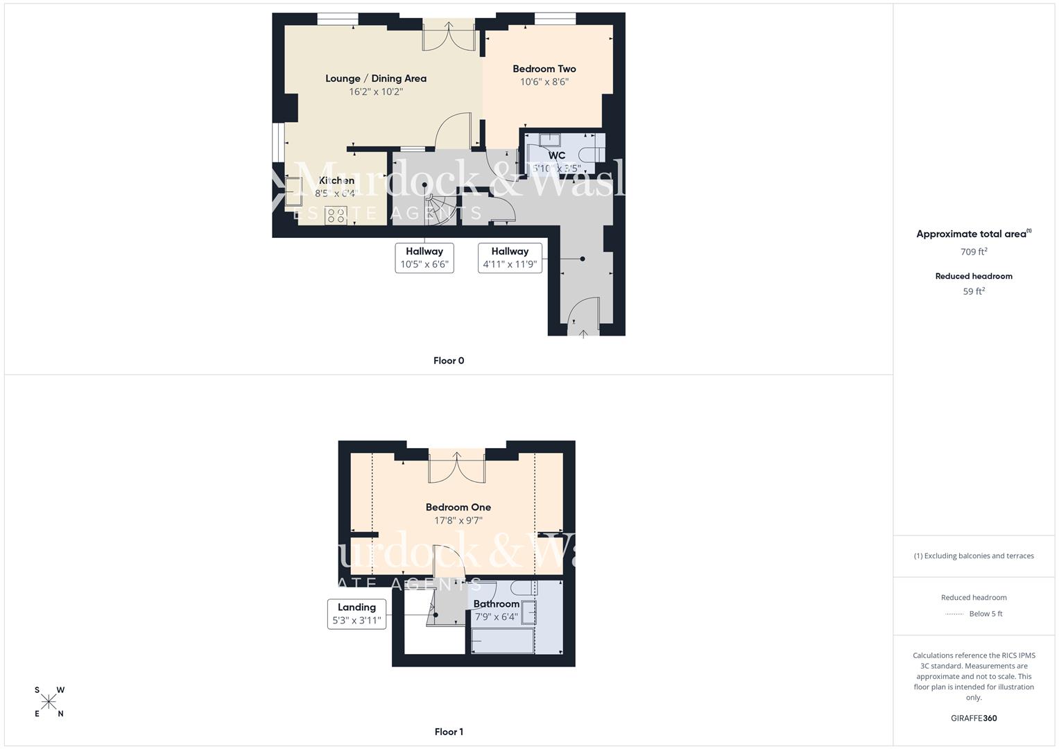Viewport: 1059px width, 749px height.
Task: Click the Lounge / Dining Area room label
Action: point(376,78)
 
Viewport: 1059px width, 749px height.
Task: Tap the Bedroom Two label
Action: point(544,69)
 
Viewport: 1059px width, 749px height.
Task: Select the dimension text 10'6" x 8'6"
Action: point(544,82)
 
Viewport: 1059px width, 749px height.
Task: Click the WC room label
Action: point(556,155)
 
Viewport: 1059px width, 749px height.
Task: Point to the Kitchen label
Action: point(337,180)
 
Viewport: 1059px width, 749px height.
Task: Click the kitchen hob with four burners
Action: point(336,215)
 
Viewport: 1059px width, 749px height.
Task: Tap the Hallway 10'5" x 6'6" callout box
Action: point(424,258)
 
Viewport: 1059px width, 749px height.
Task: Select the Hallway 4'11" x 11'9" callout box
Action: point(510,258)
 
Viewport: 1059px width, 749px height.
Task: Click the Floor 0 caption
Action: point(449,361)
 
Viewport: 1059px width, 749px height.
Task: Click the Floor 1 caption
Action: point(449,732)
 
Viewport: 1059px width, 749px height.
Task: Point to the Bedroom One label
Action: point(458,507)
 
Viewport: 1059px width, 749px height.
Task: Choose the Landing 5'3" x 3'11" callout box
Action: point(356,614)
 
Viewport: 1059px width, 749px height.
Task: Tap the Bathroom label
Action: point(497,604)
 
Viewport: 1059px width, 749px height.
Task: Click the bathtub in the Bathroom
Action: point(503,641)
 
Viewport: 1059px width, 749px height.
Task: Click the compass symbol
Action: point(49,702)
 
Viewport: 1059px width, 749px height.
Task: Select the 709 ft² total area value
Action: point(974,252)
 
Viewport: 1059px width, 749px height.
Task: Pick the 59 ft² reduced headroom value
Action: point(974,291)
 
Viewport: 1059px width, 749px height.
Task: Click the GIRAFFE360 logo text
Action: point(974,718)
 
